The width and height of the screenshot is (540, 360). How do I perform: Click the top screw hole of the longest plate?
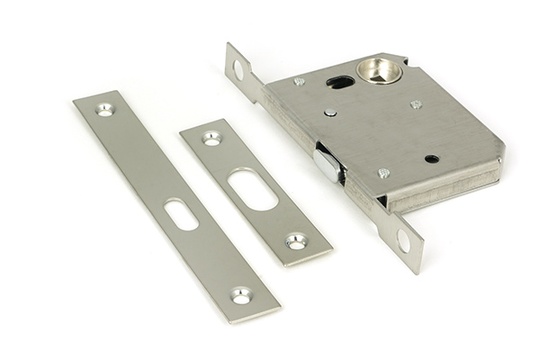(x=105, y=110)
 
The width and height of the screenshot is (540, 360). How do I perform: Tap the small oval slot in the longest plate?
(x=181, y=214)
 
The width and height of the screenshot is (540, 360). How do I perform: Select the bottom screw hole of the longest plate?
(x=240, y=294)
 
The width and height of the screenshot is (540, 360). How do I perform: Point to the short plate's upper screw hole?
(x=211, y=139)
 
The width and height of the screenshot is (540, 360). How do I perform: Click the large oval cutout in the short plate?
(x=253, y=189)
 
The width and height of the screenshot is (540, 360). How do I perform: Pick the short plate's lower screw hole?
(x=296, y=241)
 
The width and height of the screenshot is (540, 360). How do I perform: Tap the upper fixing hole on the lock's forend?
(x=238, y=69)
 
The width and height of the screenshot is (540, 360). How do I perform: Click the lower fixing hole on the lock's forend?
(x=403, y=240)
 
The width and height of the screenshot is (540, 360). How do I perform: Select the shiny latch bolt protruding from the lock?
(x=328, y=166)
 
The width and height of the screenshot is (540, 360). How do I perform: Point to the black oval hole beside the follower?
(x=340, y=83)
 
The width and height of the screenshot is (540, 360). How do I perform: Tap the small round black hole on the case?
(x=432, y=158)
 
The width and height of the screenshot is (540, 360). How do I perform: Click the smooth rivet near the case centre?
(x=330, y=112)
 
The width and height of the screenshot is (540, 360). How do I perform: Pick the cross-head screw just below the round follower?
(x=416, y=104)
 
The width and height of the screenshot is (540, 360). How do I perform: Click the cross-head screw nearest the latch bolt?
(x=383, y=173)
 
